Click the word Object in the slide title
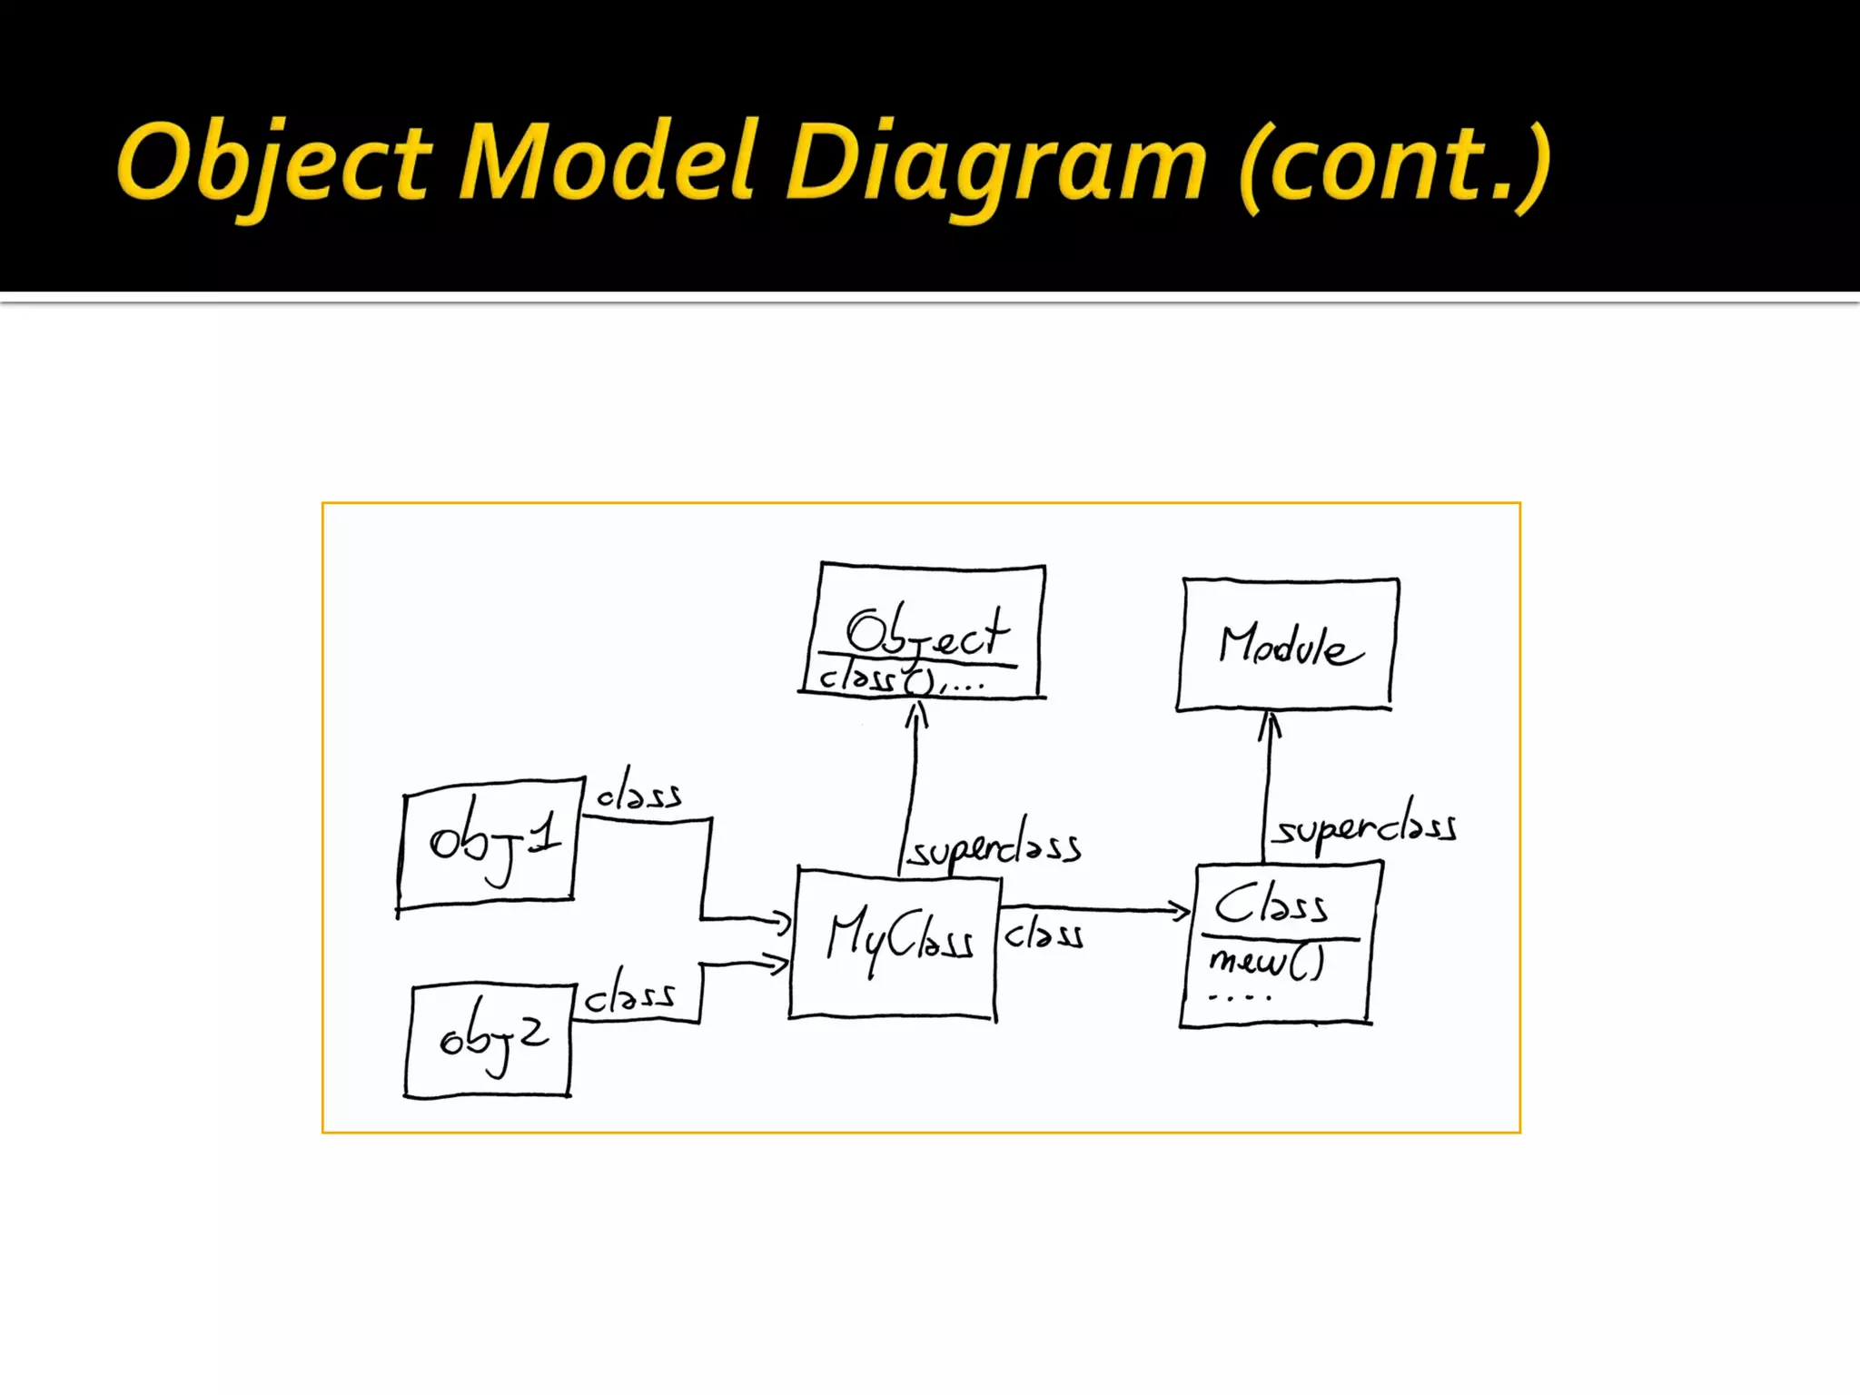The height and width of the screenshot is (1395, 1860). [x=272, y=163]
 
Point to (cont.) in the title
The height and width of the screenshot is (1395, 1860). [x=1394, y=163]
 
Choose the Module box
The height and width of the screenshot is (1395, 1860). [x=1287, y=645]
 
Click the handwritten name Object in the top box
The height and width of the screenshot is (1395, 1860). [x=926, y=630]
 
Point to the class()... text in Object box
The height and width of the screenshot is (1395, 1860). [x=899, y=679]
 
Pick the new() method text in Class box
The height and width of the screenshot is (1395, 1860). [x=1266, y=962]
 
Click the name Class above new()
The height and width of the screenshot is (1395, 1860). [x=1271, y=905]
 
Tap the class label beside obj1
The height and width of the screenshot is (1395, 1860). [x=638, y=791]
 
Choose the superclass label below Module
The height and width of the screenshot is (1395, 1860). [x=1365, y=826]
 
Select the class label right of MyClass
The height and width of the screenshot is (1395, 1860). [x=1044, y=935]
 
